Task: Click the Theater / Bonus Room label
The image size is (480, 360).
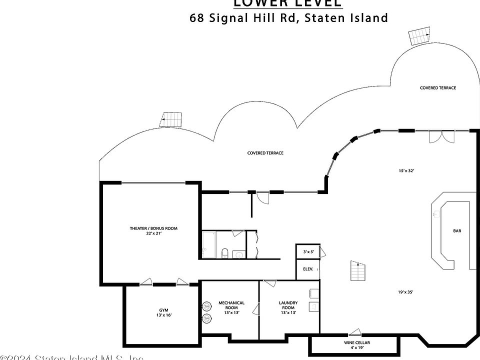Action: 153,228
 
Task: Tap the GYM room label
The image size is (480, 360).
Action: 164,310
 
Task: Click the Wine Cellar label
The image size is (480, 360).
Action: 356,342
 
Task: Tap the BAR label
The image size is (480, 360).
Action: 457,231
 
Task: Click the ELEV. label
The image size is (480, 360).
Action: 308,269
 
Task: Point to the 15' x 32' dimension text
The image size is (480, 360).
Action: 406,171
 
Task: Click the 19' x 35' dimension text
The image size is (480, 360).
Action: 405,292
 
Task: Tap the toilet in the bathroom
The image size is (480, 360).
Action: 224,252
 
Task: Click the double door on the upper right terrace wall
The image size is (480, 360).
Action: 436,136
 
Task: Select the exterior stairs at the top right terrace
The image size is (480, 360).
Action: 419,36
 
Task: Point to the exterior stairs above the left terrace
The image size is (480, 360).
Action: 171,119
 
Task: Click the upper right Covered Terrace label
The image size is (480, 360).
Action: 437,88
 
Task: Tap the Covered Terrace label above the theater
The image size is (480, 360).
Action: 265,153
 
